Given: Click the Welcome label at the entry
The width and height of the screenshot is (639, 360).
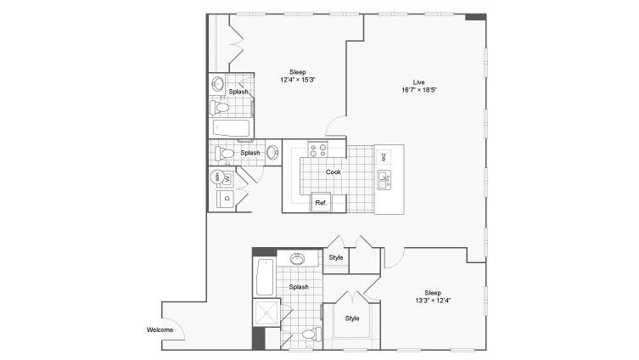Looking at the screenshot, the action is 160,329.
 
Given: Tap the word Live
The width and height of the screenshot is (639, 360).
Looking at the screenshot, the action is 418,82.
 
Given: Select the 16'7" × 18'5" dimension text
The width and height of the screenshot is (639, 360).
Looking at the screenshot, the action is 419,90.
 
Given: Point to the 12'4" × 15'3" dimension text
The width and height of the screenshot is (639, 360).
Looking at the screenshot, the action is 298,80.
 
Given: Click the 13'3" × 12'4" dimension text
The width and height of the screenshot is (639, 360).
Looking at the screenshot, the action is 433,301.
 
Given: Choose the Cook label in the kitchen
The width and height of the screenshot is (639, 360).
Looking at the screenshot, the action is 334,172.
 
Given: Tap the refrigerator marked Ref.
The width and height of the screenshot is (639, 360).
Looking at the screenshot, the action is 321,202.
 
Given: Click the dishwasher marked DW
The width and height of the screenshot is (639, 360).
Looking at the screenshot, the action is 384,157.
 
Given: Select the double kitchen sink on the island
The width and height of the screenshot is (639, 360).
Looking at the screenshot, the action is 384,180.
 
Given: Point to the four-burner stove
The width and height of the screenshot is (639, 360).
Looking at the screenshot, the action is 318,149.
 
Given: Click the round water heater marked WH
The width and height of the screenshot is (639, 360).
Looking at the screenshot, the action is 216,177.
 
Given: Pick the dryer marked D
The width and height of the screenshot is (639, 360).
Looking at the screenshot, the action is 227,199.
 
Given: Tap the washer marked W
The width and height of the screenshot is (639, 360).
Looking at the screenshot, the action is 227,178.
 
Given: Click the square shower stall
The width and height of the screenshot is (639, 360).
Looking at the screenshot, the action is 266,312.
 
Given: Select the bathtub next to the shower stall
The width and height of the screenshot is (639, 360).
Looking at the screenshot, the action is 265,278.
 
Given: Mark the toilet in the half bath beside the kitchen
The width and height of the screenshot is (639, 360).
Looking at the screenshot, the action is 224,154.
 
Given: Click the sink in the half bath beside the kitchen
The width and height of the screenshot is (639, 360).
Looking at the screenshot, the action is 273,153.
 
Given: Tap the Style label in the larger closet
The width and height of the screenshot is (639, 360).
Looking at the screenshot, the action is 352,318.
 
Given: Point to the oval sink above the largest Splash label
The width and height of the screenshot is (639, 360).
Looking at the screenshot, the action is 298,259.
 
